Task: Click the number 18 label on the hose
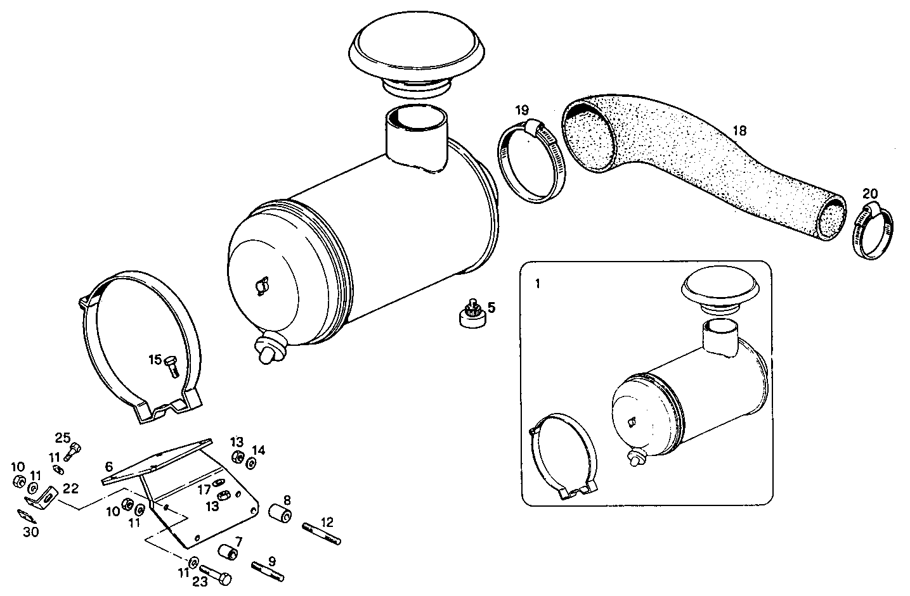[739, 131]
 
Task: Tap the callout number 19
[521, 110]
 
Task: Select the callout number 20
[870, 194]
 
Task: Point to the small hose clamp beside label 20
[874, 232]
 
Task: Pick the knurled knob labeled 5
[472, 314]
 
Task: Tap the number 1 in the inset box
[538, 284]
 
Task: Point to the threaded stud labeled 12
[322, 532]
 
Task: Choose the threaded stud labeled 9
[268, 571]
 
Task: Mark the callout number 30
[30, 533]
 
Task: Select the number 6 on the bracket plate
[109, 466]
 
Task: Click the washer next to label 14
[250, 464]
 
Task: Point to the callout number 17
[204, 489]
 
